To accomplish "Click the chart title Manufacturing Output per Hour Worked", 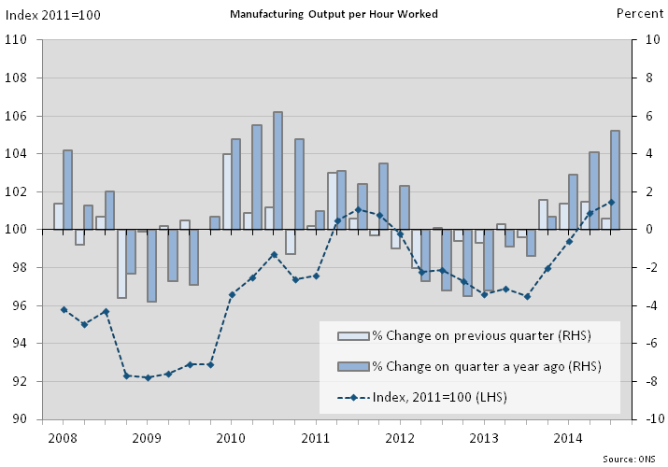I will pos(333,14).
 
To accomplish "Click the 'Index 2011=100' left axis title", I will pos(54,14).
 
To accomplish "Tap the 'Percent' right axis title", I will pos(640,13).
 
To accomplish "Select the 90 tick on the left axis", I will pos(20,419).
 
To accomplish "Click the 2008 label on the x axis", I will pos(63,437).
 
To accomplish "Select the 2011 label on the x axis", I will pos(317,437).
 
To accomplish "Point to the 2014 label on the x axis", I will pos(570,437).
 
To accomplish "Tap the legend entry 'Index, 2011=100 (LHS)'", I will pos(439,397).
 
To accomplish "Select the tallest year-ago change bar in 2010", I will pos(277,171).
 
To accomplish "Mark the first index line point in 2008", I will pos(64,309).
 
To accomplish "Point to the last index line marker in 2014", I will pos(611,202).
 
